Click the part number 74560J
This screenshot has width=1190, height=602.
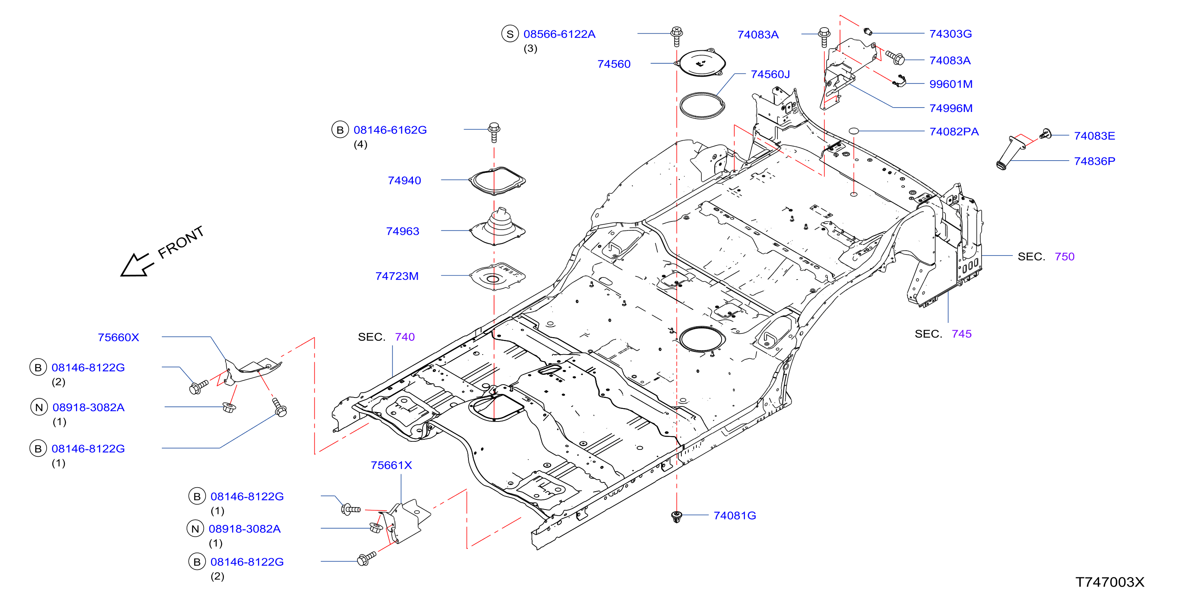(770, 74)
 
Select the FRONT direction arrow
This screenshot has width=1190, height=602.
(137, 265)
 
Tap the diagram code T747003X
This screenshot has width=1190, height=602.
(1110, 582)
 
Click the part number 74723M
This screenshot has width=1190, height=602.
(397, 276)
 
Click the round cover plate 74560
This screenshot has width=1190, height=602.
(700, 62)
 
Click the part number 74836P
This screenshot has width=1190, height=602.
(1094, 161)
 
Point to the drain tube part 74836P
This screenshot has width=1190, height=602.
(1011, 153)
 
